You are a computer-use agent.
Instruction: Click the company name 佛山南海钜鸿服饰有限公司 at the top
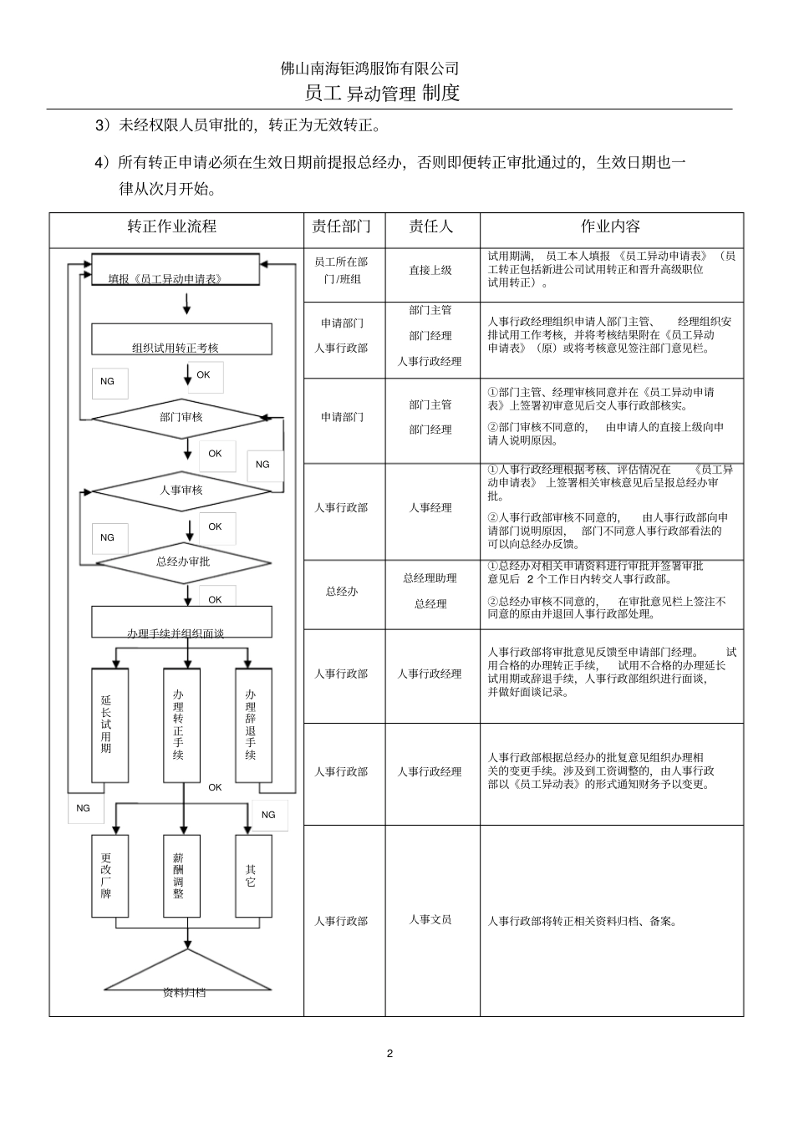point(370,69)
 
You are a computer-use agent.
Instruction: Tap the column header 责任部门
point(341,226)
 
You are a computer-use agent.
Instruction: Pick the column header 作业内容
point(610,226)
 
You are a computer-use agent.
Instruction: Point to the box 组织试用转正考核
point(181,341)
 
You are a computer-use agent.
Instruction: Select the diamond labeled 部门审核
point(181,417)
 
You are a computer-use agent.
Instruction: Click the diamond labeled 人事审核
point(181,491)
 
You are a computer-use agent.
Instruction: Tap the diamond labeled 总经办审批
point(183,562)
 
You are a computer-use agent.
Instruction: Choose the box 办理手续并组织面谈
point(181,623)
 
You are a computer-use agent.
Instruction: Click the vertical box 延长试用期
point(109,725)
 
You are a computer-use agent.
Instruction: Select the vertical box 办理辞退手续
point(253,725)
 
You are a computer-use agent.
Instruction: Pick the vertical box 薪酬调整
point(181,875)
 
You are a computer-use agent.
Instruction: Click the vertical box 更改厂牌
point(109,875)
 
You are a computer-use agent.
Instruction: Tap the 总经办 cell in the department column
point(342,592)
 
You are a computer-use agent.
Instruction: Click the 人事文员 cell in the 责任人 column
point(430,920)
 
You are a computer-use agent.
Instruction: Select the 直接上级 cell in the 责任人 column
point(430,271)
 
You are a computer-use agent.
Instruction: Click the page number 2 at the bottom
point(389,1053)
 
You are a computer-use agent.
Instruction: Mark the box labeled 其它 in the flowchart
point(253,875)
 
